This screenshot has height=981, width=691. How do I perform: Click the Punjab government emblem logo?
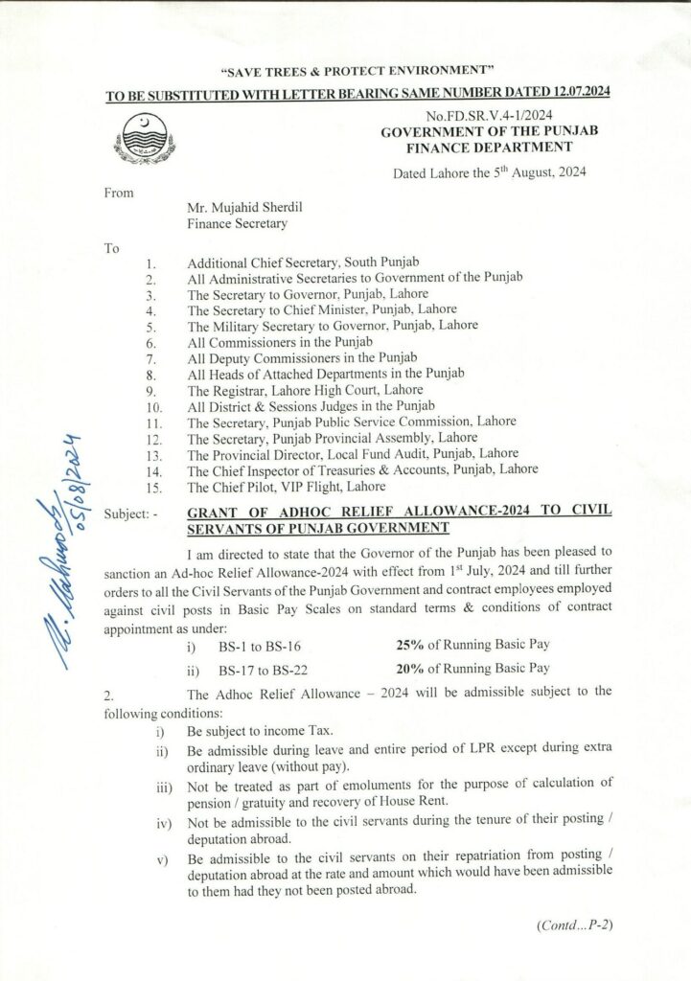pos(150,142)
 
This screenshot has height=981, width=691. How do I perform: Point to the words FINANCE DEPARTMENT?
pos(490,148)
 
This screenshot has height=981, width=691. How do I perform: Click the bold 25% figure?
pos(409,647)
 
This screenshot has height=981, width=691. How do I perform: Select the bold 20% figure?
pos(409,668)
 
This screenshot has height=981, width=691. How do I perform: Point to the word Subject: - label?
pos(133,513)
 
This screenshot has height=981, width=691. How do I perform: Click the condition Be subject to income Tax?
pos(248,730)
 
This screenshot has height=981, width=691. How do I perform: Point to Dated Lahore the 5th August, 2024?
pos(491,172)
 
